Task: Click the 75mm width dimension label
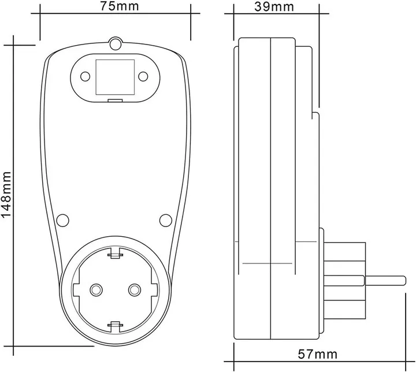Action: click(120, 6)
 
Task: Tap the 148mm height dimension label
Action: click(6, 194)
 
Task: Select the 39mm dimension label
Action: click(274, 7)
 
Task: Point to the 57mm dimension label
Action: click(318, 354)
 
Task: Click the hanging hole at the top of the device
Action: click(116, 43)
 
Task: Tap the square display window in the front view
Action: click(115, 77)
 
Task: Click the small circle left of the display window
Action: click(85, 77)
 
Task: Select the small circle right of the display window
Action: click(143, 77)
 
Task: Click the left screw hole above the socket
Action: click(63, 220)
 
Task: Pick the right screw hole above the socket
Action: click(166, 220)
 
